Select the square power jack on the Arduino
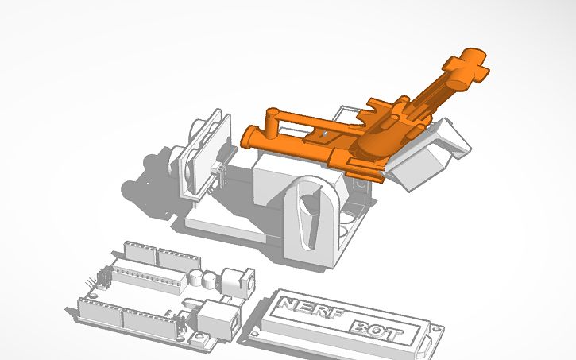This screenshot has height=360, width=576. point(239,281)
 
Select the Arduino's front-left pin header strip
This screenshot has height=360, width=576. point(99,309)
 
